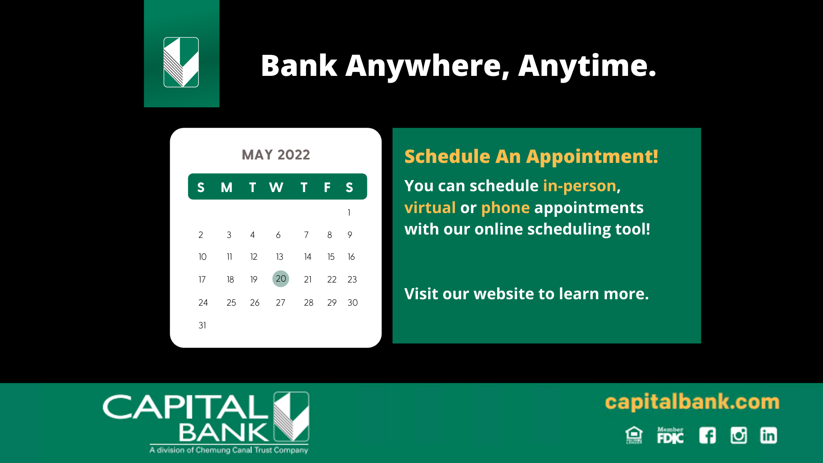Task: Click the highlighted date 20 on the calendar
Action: pos(281,279)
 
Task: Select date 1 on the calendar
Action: pos(349,213)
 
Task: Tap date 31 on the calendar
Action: pos(202,325)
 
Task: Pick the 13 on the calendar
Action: pos(279,257)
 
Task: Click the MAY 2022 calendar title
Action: pos(276,155)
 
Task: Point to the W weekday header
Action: pos(276,187)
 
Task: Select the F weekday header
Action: pos(327,187)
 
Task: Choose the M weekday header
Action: pos(226,187)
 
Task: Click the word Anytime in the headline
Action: pos(587,66)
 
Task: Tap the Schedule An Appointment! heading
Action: pos(531,156)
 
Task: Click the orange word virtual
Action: pos(430,207)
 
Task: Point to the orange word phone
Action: pos(505,208)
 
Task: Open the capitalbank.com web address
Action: pos(692,403)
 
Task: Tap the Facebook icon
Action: pos(708,436)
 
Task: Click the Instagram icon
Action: pos(739,436)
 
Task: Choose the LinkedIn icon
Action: pos(769,436)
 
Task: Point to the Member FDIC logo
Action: pos(670,435)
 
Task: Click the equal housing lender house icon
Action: pos(634,435)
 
